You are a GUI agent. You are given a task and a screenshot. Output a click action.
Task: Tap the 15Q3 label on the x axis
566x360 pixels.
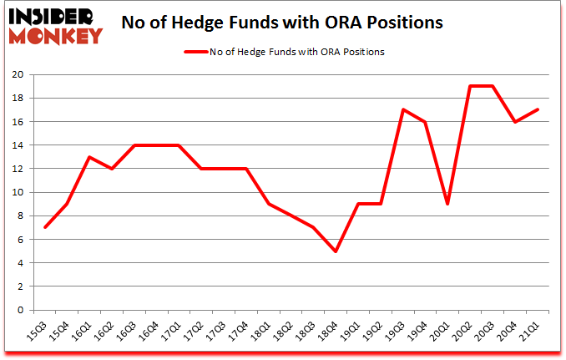tap(38, 333)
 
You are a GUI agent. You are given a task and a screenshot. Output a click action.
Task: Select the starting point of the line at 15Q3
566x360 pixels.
tap(46, 227)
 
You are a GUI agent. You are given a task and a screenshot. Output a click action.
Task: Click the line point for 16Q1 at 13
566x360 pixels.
tap(89, 157)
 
